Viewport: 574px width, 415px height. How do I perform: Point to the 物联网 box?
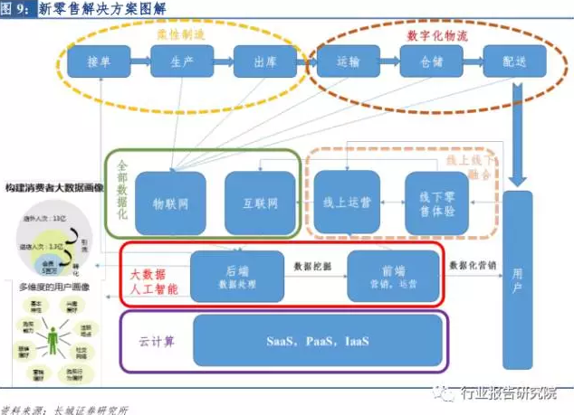[x=170, y=204]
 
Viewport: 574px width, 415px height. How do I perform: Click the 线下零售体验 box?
[x=437, y=204]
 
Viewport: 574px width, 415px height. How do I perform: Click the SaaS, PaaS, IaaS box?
[x=318, y=343]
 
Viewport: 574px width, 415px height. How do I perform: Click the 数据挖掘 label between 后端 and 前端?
[x=315, y=266]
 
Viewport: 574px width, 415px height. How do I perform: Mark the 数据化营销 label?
[x=474, y=266]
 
